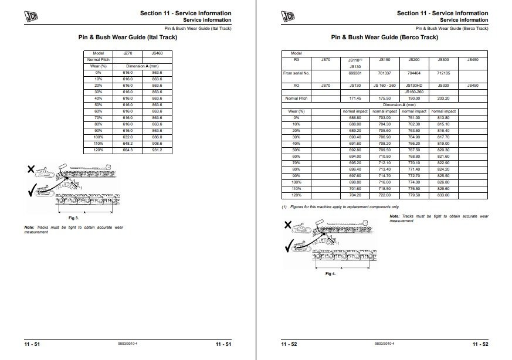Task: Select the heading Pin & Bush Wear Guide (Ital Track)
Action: pos(127,38)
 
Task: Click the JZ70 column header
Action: pos(127,53)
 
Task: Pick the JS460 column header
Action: pos(157,53)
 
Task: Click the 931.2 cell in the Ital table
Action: pos(157,151)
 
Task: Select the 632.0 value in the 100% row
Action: pos(127,137)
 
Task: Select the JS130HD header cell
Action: pos(413,86)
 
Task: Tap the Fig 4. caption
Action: pos(330,273)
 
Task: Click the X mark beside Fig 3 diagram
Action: pos(30,170)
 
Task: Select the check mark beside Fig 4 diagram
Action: pos(289,246)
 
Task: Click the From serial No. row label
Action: pos(296,73)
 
